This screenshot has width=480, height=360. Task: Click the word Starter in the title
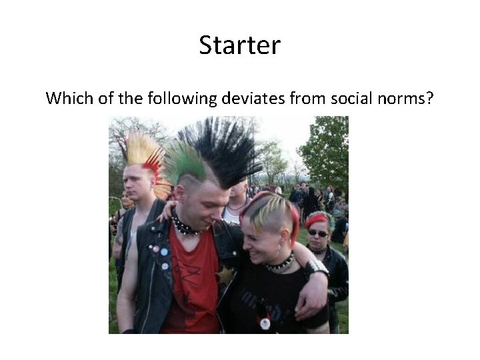pos(239,46)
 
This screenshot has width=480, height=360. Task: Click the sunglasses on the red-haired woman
pos(317,233)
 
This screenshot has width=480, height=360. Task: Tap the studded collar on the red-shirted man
pos(185,227)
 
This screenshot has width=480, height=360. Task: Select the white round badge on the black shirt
pos(265,323)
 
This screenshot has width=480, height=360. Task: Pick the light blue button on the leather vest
pos(163,252)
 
